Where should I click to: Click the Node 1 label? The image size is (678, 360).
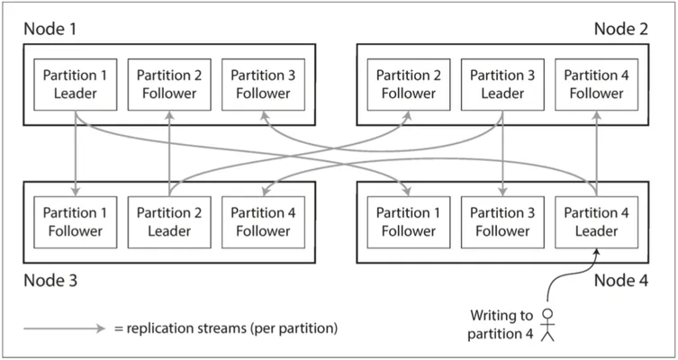tap(50, 29)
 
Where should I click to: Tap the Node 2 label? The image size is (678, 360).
tap(621, 29)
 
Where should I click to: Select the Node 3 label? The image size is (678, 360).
tap(50, 281)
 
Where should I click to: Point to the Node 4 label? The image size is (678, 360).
tap(621, 281)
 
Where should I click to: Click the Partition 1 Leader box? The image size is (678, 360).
tap(76, 85)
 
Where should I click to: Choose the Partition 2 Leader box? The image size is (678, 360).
tap(169, 222)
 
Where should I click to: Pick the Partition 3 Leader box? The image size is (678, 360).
tap(502, 85)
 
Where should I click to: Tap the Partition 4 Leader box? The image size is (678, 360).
tap(596, 222)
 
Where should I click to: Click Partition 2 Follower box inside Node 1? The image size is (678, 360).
tap(169, 85)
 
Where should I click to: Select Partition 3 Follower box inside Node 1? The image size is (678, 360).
tap(263, 85)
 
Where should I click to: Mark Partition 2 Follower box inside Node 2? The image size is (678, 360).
tap(409, 85)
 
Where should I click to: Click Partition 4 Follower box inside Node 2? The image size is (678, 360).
tap(596, 85)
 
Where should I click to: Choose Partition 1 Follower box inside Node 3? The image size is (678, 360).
tap(76, 222)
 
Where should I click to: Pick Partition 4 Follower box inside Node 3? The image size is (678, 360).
tap(263, 222)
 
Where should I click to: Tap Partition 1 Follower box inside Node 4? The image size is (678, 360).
tap(409, 222)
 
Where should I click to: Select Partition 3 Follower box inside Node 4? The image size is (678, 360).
tap(502, 222)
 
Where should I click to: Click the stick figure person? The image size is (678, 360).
tap(547, 325)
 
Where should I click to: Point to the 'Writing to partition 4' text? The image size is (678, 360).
tap(501, 325)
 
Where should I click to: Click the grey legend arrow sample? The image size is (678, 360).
tap(65, 328)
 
